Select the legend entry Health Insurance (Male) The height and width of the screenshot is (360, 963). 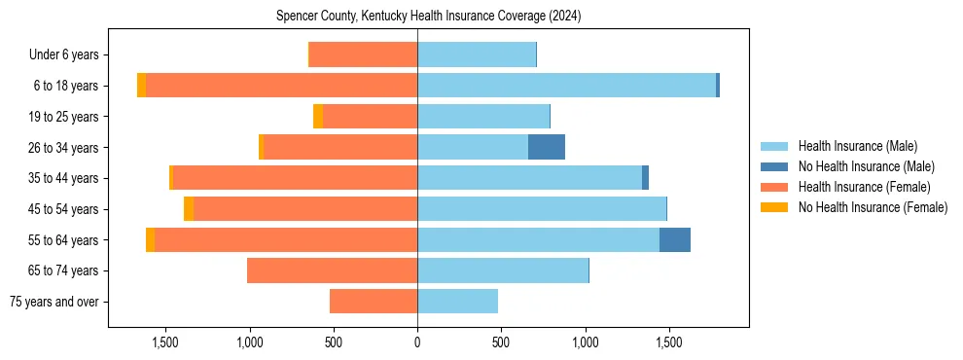857,146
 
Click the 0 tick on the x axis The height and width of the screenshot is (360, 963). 417,342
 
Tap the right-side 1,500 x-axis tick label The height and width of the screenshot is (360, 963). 668,342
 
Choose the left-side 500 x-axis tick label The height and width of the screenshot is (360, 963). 334,342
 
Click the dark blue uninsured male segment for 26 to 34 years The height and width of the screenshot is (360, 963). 547,147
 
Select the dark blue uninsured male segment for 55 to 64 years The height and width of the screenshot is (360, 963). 675,239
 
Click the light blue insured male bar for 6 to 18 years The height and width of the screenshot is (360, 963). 566,86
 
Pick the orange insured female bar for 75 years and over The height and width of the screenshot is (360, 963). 374,302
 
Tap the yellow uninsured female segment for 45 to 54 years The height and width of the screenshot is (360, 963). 189,209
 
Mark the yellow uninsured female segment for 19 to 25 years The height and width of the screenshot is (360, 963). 318,117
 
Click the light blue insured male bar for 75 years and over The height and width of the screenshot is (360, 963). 457,302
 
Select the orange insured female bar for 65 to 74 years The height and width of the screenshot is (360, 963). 332,270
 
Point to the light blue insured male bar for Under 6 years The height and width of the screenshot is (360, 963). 477,55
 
